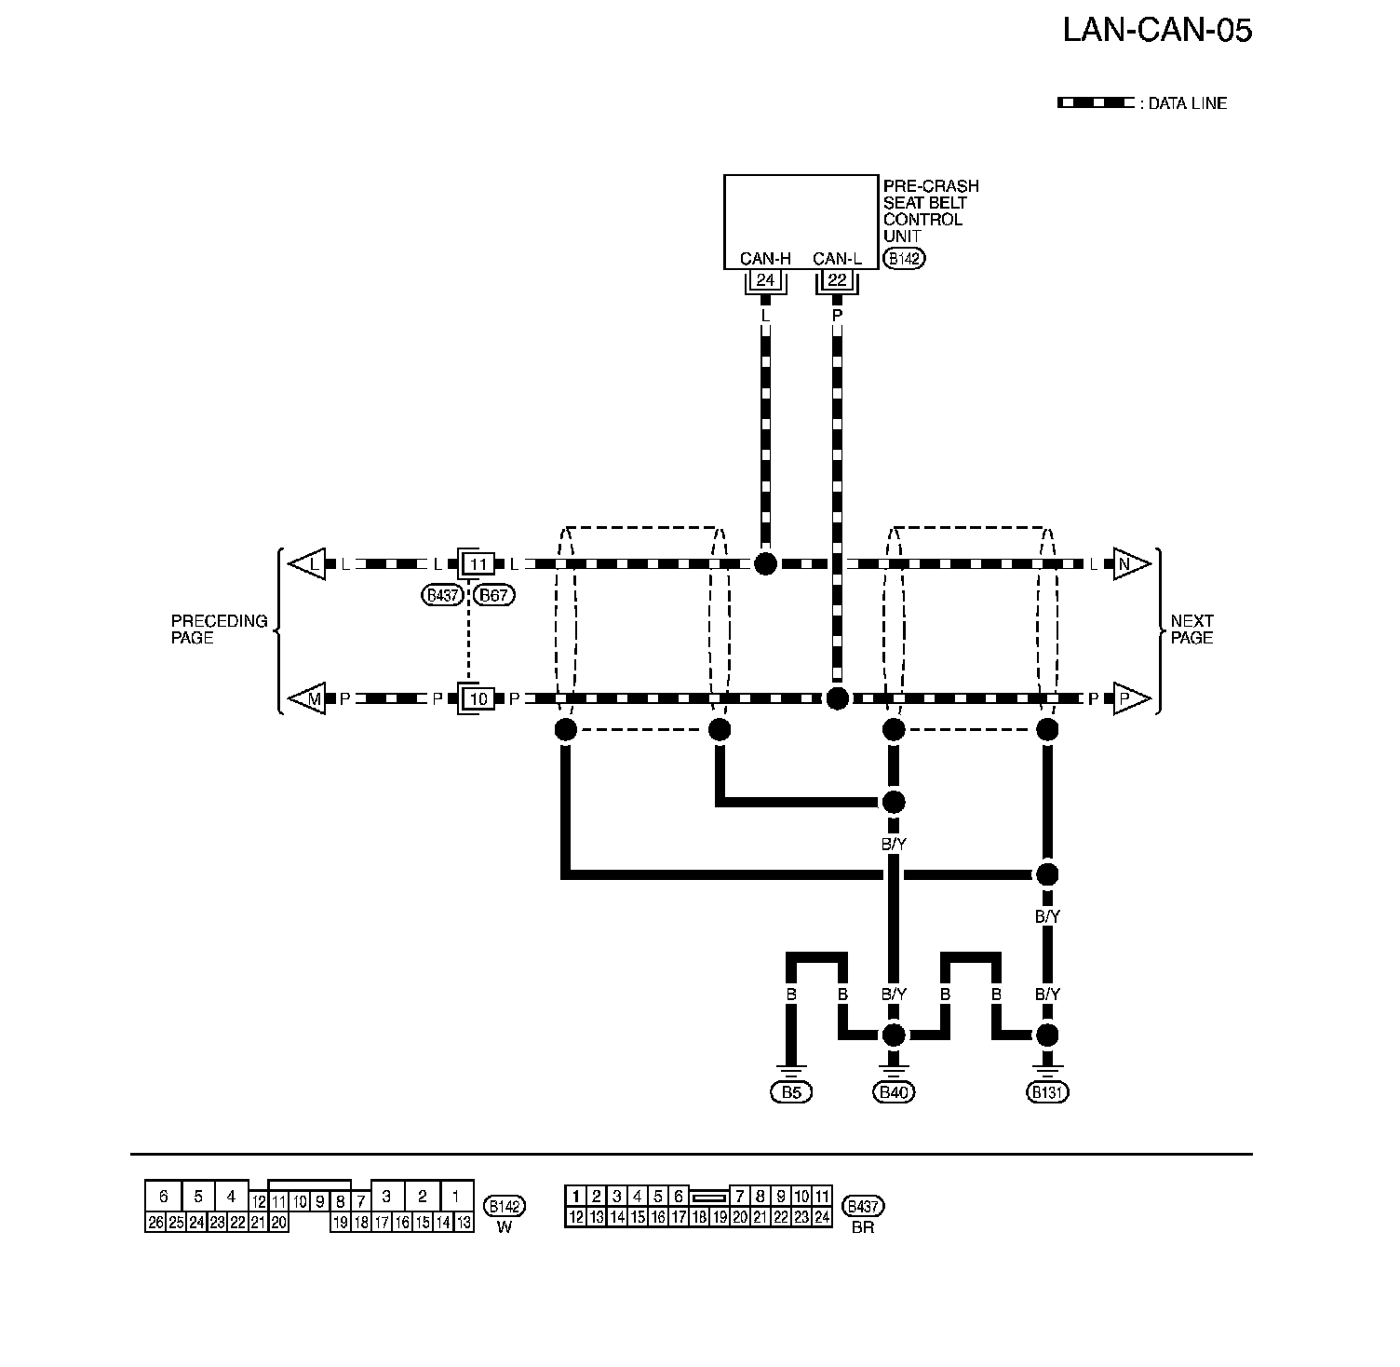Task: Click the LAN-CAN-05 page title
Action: tap(1157, 31)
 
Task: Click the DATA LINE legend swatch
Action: tap(1096, 103)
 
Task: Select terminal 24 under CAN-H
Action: tap(765, 280)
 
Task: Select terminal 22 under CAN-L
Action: tap(837, 280)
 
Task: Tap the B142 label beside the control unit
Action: tap(905, 259)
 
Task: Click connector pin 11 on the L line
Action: tap(478, 564)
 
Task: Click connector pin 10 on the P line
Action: tap(478, 698)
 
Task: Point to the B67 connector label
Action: tap(494, 595)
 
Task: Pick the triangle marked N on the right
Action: tap(1128, 564)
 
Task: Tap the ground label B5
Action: tap(790, 1092)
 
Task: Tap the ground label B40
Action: tap(893, 1092)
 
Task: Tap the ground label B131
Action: tap(1047, 1092)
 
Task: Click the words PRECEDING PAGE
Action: tap(219, 629)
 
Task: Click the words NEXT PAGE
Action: tap(1191, 629)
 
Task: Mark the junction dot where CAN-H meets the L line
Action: tap(765, 563)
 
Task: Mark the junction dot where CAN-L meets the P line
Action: tap(837, 698)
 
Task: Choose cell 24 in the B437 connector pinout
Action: tap(821, 1216)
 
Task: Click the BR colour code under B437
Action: tap(863, 1227)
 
